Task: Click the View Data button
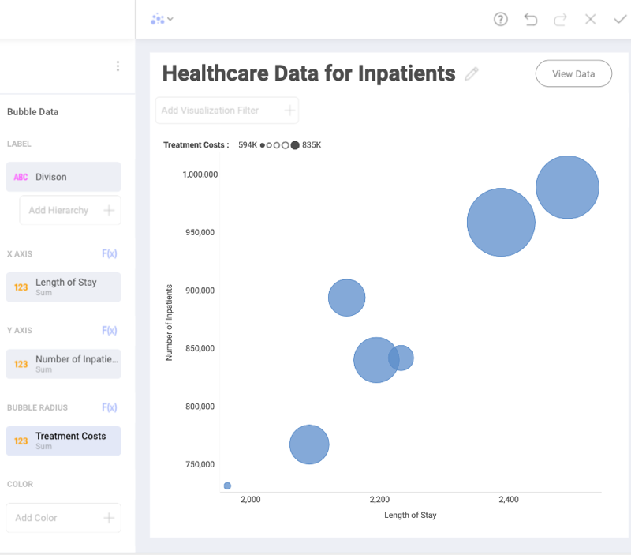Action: click(x=573, y=73)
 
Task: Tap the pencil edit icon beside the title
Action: click(x=472, y=74)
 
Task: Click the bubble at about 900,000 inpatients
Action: click(x=346, y=298)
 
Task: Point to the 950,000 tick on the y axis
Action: click(x=200, y=232)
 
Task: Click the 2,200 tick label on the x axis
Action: click(x=379, y=500)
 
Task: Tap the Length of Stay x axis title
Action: click(x=410, y=515)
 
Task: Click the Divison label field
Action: click(x=64, y=177)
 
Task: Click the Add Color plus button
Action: click(x=109, y=518)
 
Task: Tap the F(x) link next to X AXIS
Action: click(x=109, y=253)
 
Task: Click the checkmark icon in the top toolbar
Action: click(x=619, y=19)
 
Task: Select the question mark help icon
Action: click(x=501, y=19)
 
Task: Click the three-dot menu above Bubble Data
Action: click(x=118, y=66)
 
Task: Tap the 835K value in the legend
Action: click(x=312, y=145)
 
